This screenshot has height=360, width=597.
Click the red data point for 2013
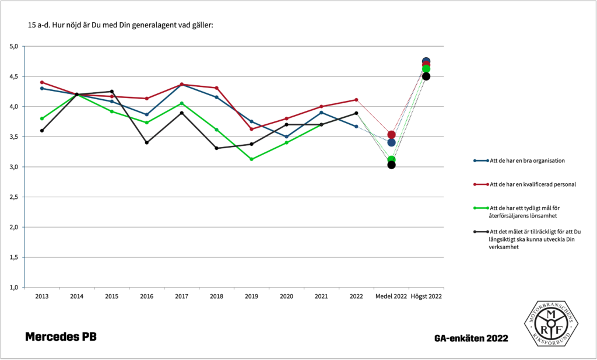coord(42,82)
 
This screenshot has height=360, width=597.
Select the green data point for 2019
coord(251,159)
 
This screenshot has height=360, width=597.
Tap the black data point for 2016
coord(146,142)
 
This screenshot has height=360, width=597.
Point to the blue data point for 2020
coord(286,137)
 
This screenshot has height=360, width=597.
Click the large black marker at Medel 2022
coord(391,165)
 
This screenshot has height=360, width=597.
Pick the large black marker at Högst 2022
coord(426,76)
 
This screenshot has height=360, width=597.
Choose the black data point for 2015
coord(111,91)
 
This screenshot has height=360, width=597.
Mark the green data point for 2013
coord(42,118)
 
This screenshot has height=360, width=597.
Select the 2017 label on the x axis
coord(181,296)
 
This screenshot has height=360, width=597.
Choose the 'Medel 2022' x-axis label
coord(391,296)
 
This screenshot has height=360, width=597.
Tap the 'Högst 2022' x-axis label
coord(426,296)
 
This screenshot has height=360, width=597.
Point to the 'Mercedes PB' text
coord(61,337)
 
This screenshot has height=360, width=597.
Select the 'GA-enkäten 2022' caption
coord(471,338)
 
